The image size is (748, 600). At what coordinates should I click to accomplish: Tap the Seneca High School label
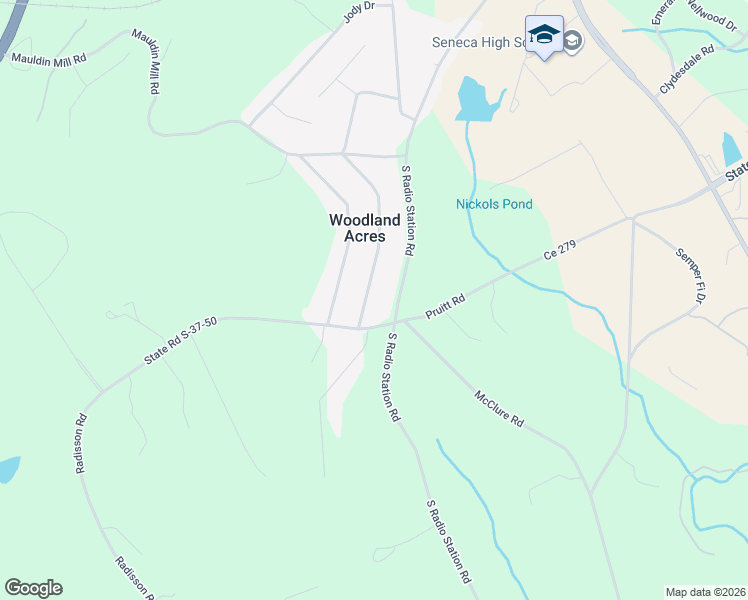coord(478,42)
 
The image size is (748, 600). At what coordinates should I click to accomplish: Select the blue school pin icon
coord(544,36)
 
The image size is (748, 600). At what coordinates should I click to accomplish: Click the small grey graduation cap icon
coord(573,40)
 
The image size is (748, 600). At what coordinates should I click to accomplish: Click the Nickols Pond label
coord(494,205)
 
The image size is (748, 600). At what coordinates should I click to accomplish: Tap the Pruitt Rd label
coord(445,300)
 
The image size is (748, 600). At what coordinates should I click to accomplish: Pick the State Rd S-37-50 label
coord(180,342)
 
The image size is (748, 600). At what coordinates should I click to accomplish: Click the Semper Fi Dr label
coord(691,275)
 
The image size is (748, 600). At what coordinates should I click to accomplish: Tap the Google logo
coord(33,588)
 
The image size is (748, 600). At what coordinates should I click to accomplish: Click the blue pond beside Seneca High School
coord(476,100)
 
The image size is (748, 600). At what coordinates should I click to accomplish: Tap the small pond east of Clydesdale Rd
coord(732,150)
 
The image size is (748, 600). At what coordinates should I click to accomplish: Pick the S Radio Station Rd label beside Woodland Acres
coord(407,210)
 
